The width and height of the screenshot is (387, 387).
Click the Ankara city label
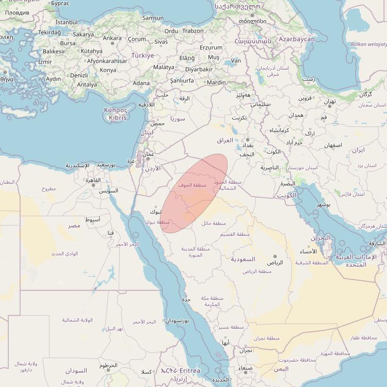click(112, 38)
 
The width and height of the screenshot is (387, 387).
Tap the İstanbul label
click(66, 22)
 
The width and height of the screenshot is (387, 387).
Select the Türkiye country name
click(142, 55)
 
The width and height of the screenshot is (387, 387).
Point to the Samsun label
click(153, 18)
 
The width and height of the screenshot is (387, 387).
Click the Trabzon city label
click(193, 31)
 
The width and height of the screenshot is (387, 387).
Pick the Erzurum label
click(211, 47)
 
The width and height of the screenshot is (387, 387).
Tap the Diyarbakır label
click(199, 69)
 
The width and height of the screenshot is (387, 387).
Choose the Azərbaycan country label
click(296, 39)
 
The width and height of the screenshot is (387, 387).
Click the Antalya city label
click(87, 85)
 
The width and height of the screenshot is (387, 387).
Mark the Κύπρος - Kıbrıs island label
click(116, 114)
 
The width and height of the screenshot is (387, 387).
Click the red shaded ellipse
click(195, 192)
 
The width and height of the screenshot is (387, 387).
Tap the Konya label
click(108, 70)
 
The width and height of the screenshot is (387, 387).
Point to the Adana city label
click(141, 83)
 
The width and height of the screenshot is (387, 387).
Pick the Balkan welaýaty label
click(368, 44)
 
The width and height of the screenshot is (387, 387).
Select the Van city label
click(236, 61)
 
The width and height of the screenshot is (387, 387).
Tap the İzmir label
click(45, 62)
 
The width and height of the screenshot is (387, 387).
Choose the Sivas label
click(161, 42)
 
